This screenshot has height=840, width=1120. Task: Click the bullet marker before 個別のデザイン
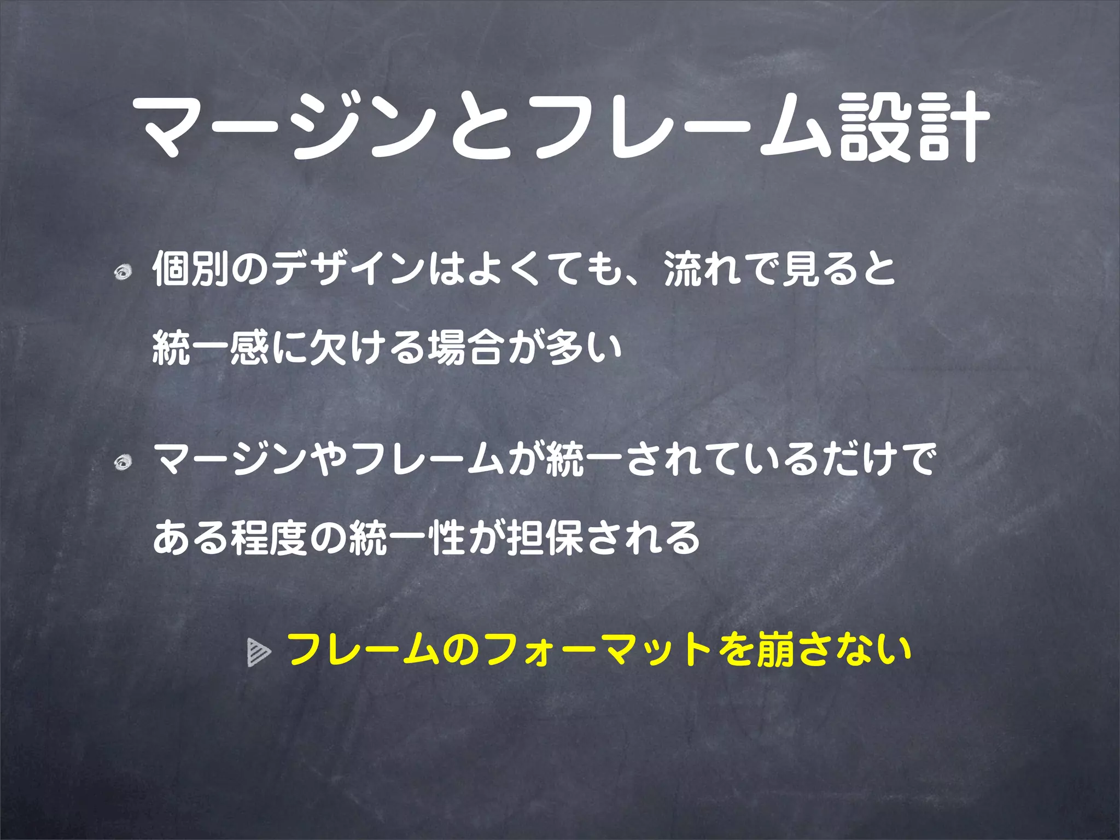(124, 271)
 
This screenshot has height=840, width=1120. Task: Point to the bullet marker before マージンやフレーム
(124, 463)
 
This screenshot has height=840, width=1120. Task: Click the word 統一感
(210, 348)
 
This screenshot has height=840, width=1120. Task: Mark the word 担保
(546, 537)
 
